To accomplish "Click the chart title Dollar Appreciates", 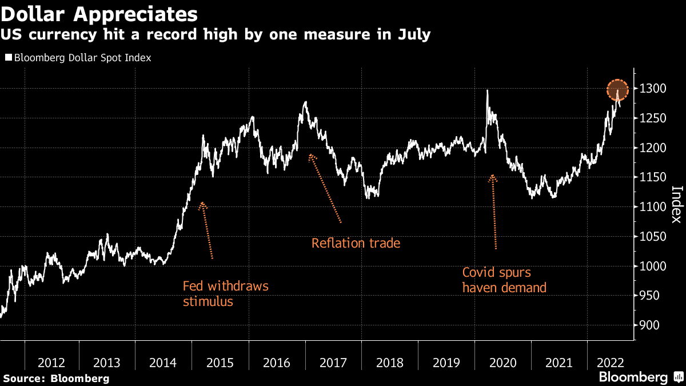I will coord(99,13).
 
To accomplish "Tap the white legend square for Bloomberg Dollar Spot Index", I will coord(8,58).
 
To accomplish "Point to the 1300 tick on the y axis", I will coord(651,89).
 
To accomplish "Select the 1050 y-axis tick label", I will coord(651,237).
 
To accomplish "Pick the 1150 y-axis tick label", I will coord(651,178).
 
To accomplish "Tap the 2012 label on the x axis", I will coord(51,363).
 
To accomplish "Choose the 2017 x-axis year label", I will coord(333,363).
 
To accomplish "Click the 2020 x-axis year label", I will coord(502,363).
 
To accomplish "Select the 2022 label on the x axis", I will coord(609,363).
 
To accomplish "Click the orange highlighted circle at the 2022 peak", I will coord(617,90).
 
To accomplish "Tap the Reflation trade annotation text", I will coord(356,243).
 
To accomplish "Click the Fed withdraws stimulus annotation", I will coord(225,293).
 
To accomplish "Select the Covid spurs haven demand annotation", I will coord(504,280).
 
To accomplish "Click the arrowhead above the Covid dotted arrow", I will coord(492,178).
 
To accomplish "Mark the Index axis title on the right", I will coord(676,205).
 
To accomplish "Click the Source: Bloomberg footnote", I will coord(56,379).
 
